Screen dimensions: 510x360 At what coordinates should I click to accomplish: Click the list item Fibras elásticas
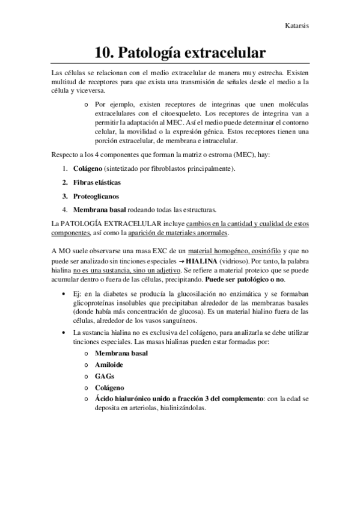pyautogui.click(x=97, y=182)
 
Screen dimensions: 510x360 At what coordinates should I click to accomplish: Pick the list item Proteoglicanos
pyautogui.click(x=96, y=195)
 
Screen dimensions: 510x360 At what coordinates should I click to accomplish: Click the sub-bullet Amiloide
pyautogui.click(x=109, y=364)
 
